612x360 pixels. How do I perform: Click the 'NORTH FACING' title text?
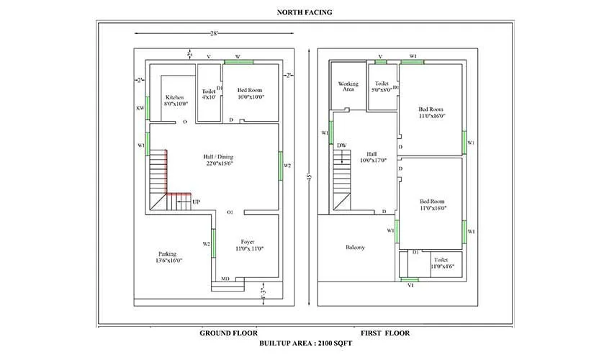click(305, 12)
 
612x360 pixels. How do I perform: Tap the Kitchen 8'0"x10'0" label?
click(175, 100)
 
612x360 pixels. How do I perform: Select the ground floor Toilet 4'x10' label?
click(209, 95)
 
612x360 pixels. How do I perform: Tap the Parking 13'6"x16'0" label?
click(169, 257)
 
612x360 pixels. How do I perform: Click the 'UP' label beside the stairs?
click(197, 202)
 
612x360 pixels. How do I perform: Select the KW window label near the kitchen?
click(140, 108)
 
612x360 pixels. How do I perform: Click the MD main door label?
click(225, 278)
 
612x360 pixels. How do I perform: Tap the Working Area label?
click(348, 87)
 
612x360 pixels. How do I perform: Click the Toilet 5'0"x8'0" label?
click(382, 87)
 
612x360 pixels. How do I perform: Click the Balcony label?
click(355, 247)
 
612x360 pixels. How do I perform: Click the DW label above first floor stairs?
click(341, 145)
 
